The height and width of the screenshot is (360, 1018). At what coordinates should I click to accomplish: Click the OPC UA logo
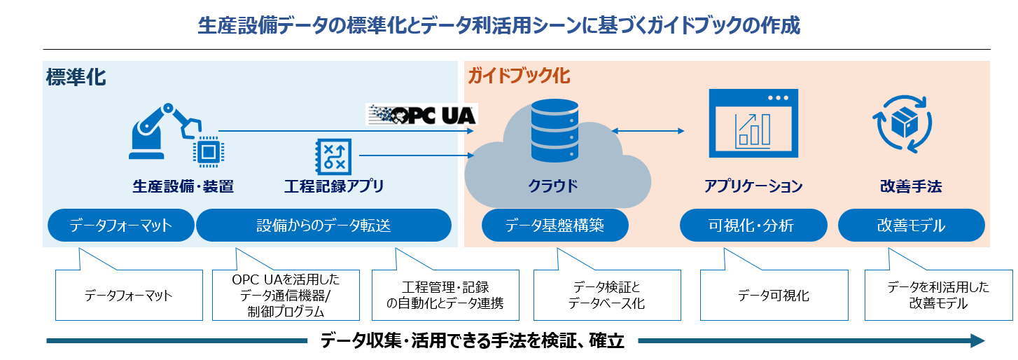click(x=421, y=113)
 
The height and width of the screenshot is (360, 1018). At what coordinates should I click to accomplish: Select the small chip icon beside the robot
click(x=207, y=151)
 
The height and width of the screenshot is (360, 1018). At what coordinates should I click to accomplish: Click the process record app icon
click(x=331, y=154)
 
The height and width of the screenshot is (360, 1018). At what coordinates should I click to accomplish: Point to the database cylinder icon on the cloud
click(x=555, y=130)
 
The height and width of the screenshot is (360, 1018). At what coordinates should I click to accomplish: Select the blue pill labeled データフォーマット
click(x=120, y=226)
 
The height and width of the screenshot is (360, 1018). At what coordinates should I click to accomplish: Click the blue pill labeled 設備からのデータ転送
click(x=323, y=226)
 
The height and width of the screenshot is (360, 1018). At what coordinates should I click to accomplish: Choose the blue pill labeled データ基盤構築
click(x=555, y=226)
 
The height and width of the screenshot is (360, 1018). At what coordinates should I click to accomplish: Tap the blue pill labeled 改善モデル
click(x=911, y=226)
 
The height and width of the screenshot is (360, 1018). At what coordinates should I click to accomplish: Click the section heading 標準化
click(x=76, y=76)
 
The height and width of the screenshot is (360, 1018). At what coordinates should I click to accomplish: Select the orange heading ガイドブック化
click(x=519, y=75)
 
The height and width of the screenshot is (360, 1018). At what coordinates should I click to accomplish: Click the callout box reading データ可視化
click(x=773, y=296)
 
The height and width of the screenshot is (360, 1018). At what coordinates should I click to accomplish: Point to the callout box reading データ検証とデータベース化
click(x=606, y=296)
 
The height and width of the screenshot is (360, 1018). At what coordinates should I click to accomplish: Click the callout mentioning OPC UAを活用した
click(x=286, y=295)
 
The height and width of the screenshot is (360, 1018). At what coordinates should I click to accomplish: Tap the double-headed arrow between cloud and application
click(x=648, y=131)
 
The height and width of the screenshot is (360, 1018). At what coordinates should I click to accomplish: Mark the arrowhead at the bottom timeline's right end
click(x=977, y=341)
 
